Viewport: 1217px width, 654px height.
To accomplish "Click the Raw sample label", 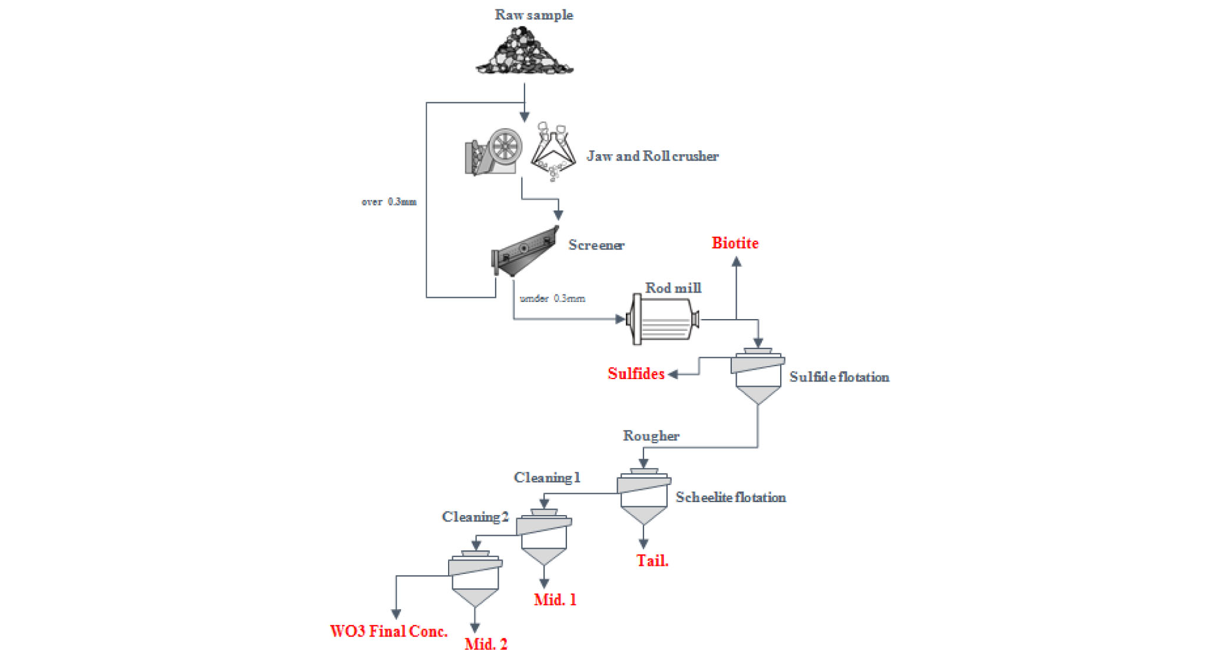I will coord(533,15).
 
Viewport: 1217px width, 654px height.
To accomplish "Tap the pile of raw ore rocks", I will coord(525,53).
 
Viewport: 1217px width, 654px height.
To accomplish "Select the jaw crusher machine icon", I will coord(494,151).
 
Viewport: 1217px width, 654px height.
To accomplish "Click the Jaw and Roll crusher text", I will coord(652,156).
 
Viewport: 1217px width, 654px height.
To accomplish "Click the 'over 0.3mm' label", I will coord(389,202).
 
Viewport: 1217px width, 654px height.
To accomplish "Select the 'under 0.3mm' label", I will coord(552,298).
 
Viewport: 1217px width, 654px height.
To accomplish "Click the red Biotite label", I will coord(735,243).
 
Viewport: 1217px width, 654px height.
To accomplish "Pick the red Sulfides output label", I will coord(636,374).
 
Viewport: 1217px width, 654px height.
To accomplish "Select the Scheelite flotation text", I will coord(730,497).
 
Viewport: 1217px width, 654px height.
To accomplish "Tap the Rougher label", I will coord(651,436).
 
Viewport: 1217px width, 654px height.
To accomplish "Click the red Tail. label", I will coord(652,560).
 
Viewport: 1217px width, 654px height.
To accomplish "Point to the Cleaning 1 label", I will coord(547,477).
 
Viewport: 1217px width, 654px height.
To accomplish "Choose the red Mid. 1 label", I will coord(555,600).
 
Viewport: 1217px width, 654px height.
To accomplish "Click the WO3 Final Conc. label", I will coord(389,631).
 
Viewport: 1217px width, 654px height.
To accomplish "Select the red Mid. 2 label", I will coord(486,644).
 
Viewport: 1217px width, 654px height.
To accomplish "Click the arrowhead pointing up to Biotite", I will coord(736,261).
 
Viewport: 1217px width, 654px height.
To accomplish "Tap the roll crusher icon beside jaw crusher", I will coord(553,152).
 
